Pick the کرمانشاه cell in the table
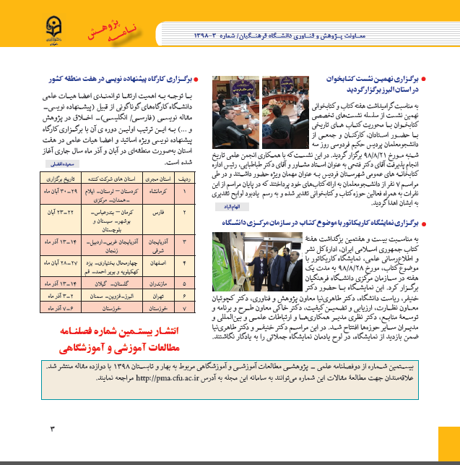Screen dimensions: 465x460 [161, 192]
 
